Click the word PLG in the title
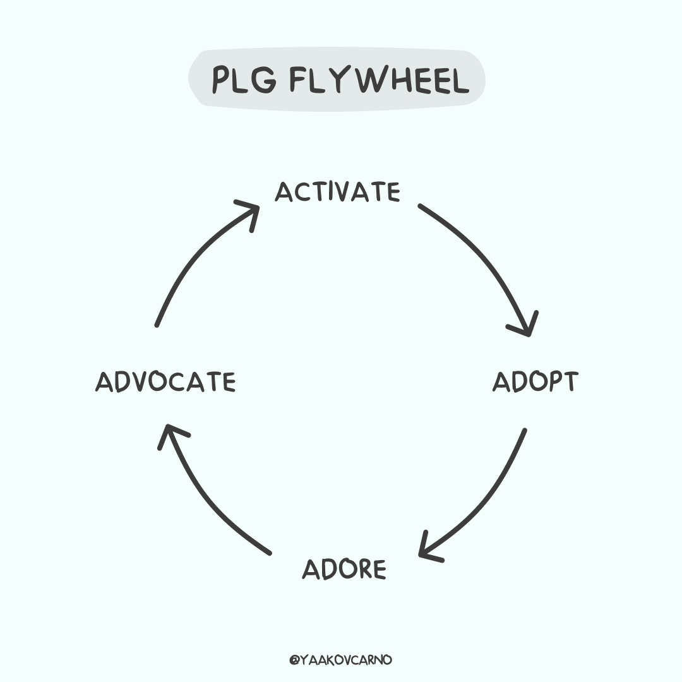pos(244,80)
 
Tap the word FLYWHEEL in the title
pos(380,80)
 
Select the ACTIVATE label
pos(337,192)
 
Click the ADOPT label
pos(535,381)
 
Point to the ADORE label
pos(344,569)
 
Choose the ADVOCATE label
pos(165,382)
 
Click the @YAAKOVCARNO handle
pos(340,660)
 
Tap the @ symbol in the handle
pos(294,661)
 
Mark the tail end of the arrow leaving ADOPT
pos(525,431)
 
